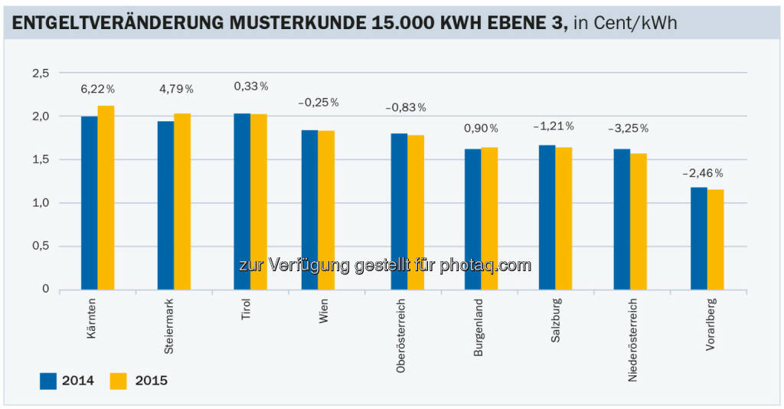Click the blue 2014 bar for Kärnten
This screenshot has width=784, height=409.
[89, 203]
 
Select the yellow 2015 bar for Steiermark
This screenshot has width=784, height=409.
[181, 201]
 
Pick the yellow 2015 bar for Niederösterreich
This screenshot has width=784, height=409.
[639, 221]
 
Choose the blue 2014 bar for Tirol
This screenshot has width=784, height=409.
[242, 201]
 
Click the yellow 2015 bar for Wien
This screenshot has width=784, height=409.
[326, 210]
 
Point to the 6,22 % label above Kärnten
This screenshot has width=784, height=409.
[97, 90]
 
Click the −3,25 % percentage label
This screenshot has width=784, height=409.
[628, 128]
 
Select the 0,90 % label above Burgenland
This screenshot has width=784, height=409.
[481, 129]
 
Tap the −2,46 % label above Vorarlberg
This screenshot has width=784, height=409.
[703, 173]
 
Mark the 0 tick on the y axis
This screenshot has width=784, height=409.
[46, 290]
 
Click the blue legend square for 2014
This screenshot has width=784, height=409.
[49, 381]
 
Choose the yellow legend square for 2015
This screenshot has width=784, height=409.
[118, 381]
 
